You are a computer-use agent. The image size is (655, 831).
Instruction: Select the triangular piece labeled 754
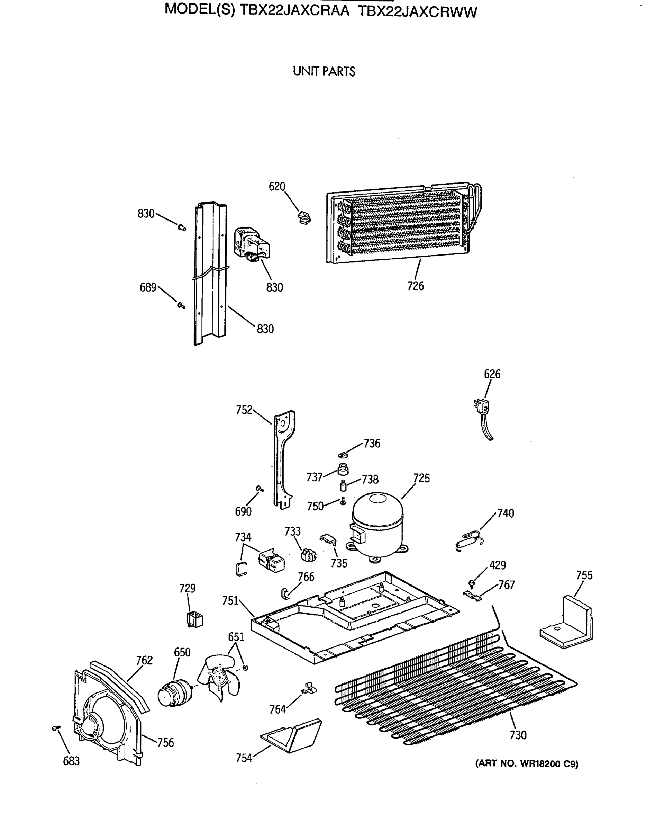[291, 734]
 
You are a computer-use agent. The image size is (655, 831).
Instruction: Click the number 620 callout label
[277, 187]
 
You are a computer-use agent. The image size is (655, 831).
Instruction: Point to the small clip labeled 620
[304, 217]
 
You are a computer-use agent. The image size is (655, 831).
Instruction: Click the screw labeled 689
[180, 305]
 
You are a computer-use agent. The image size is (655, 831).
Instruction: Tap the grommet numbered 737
[343, 469]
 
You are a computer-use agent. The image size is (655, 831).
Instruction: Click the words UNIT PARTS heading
[324, 72]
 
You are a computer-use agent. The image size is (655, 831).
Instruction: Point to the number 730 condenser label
[518, 735]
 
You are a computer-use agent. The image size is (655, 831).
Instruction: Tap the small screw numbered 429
[472, 582]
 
